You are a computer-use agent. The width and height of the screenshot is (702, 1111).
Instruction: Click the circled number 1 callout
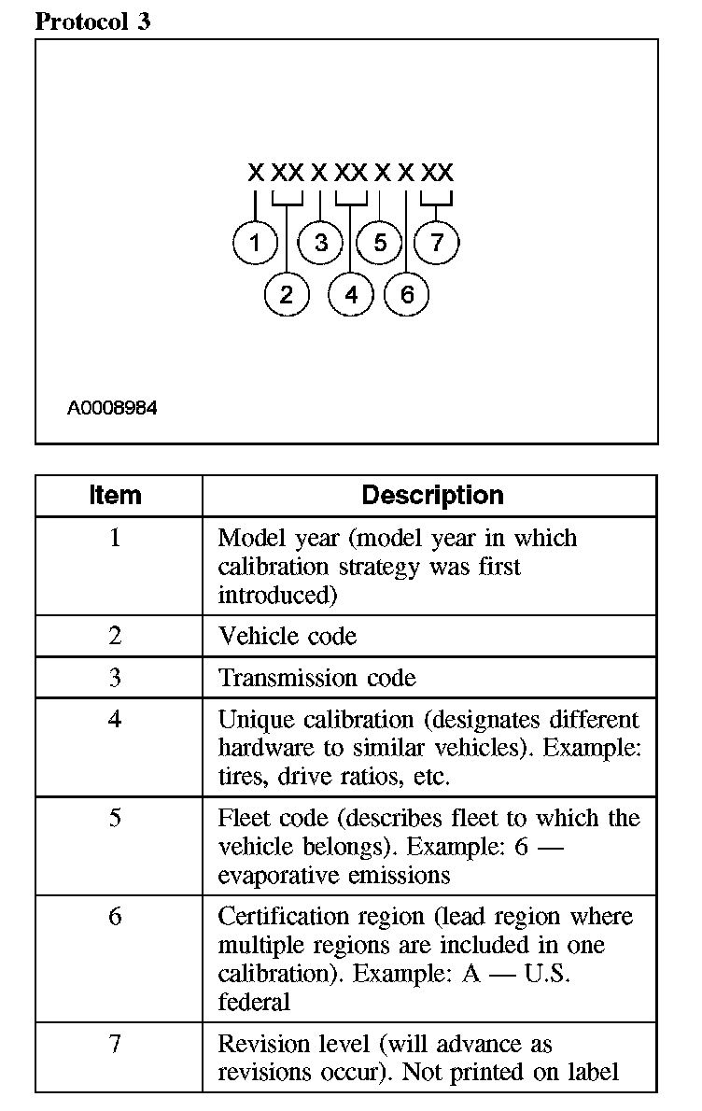pos(255,244)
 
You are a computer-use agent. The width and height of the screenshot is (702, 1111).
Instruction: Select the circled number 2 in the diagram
pos(286,295)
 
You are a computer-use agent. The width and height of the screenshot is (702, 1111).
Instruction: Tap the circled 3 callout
pos(321,244)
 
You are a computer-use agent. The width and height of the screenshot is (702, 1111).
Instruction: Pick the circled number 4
pos(351,295)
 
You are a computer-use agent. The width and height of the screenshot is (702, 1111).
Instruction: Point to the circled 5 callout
pos(380,244)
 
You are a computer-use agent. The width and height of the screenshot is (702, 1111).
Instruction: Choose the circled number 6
pos(407,295)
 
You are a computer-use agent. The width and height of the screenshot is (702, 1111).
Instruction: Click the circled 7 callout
pos(437,244)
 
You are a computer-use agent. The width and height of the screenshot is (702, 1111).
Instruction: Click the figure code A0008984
pos(112,408)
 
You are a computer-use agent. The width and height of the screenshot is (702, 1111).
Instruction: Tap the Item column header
pos(115,496)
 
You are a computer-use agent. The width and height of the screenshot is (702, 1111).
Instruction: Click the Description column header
pos(432,496)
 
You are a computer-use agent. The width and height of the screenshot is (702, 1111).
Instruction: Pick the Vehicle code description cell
pos(288,637)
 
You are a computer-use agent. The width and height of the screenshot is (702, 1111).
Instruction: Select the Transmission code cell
pos(317,678)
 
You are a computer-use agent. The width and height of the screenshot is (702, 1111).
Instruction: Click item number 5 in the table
pos(115,818)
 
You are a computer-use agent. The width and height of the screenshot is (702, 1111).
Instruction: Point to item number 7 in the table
pos(115,1044)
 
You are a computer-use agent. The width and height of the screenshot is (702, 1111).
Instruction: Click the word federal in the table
pos(254,1002)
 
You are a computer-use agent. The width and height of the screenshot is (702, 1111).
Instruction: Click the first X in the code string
pos(255,173)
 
